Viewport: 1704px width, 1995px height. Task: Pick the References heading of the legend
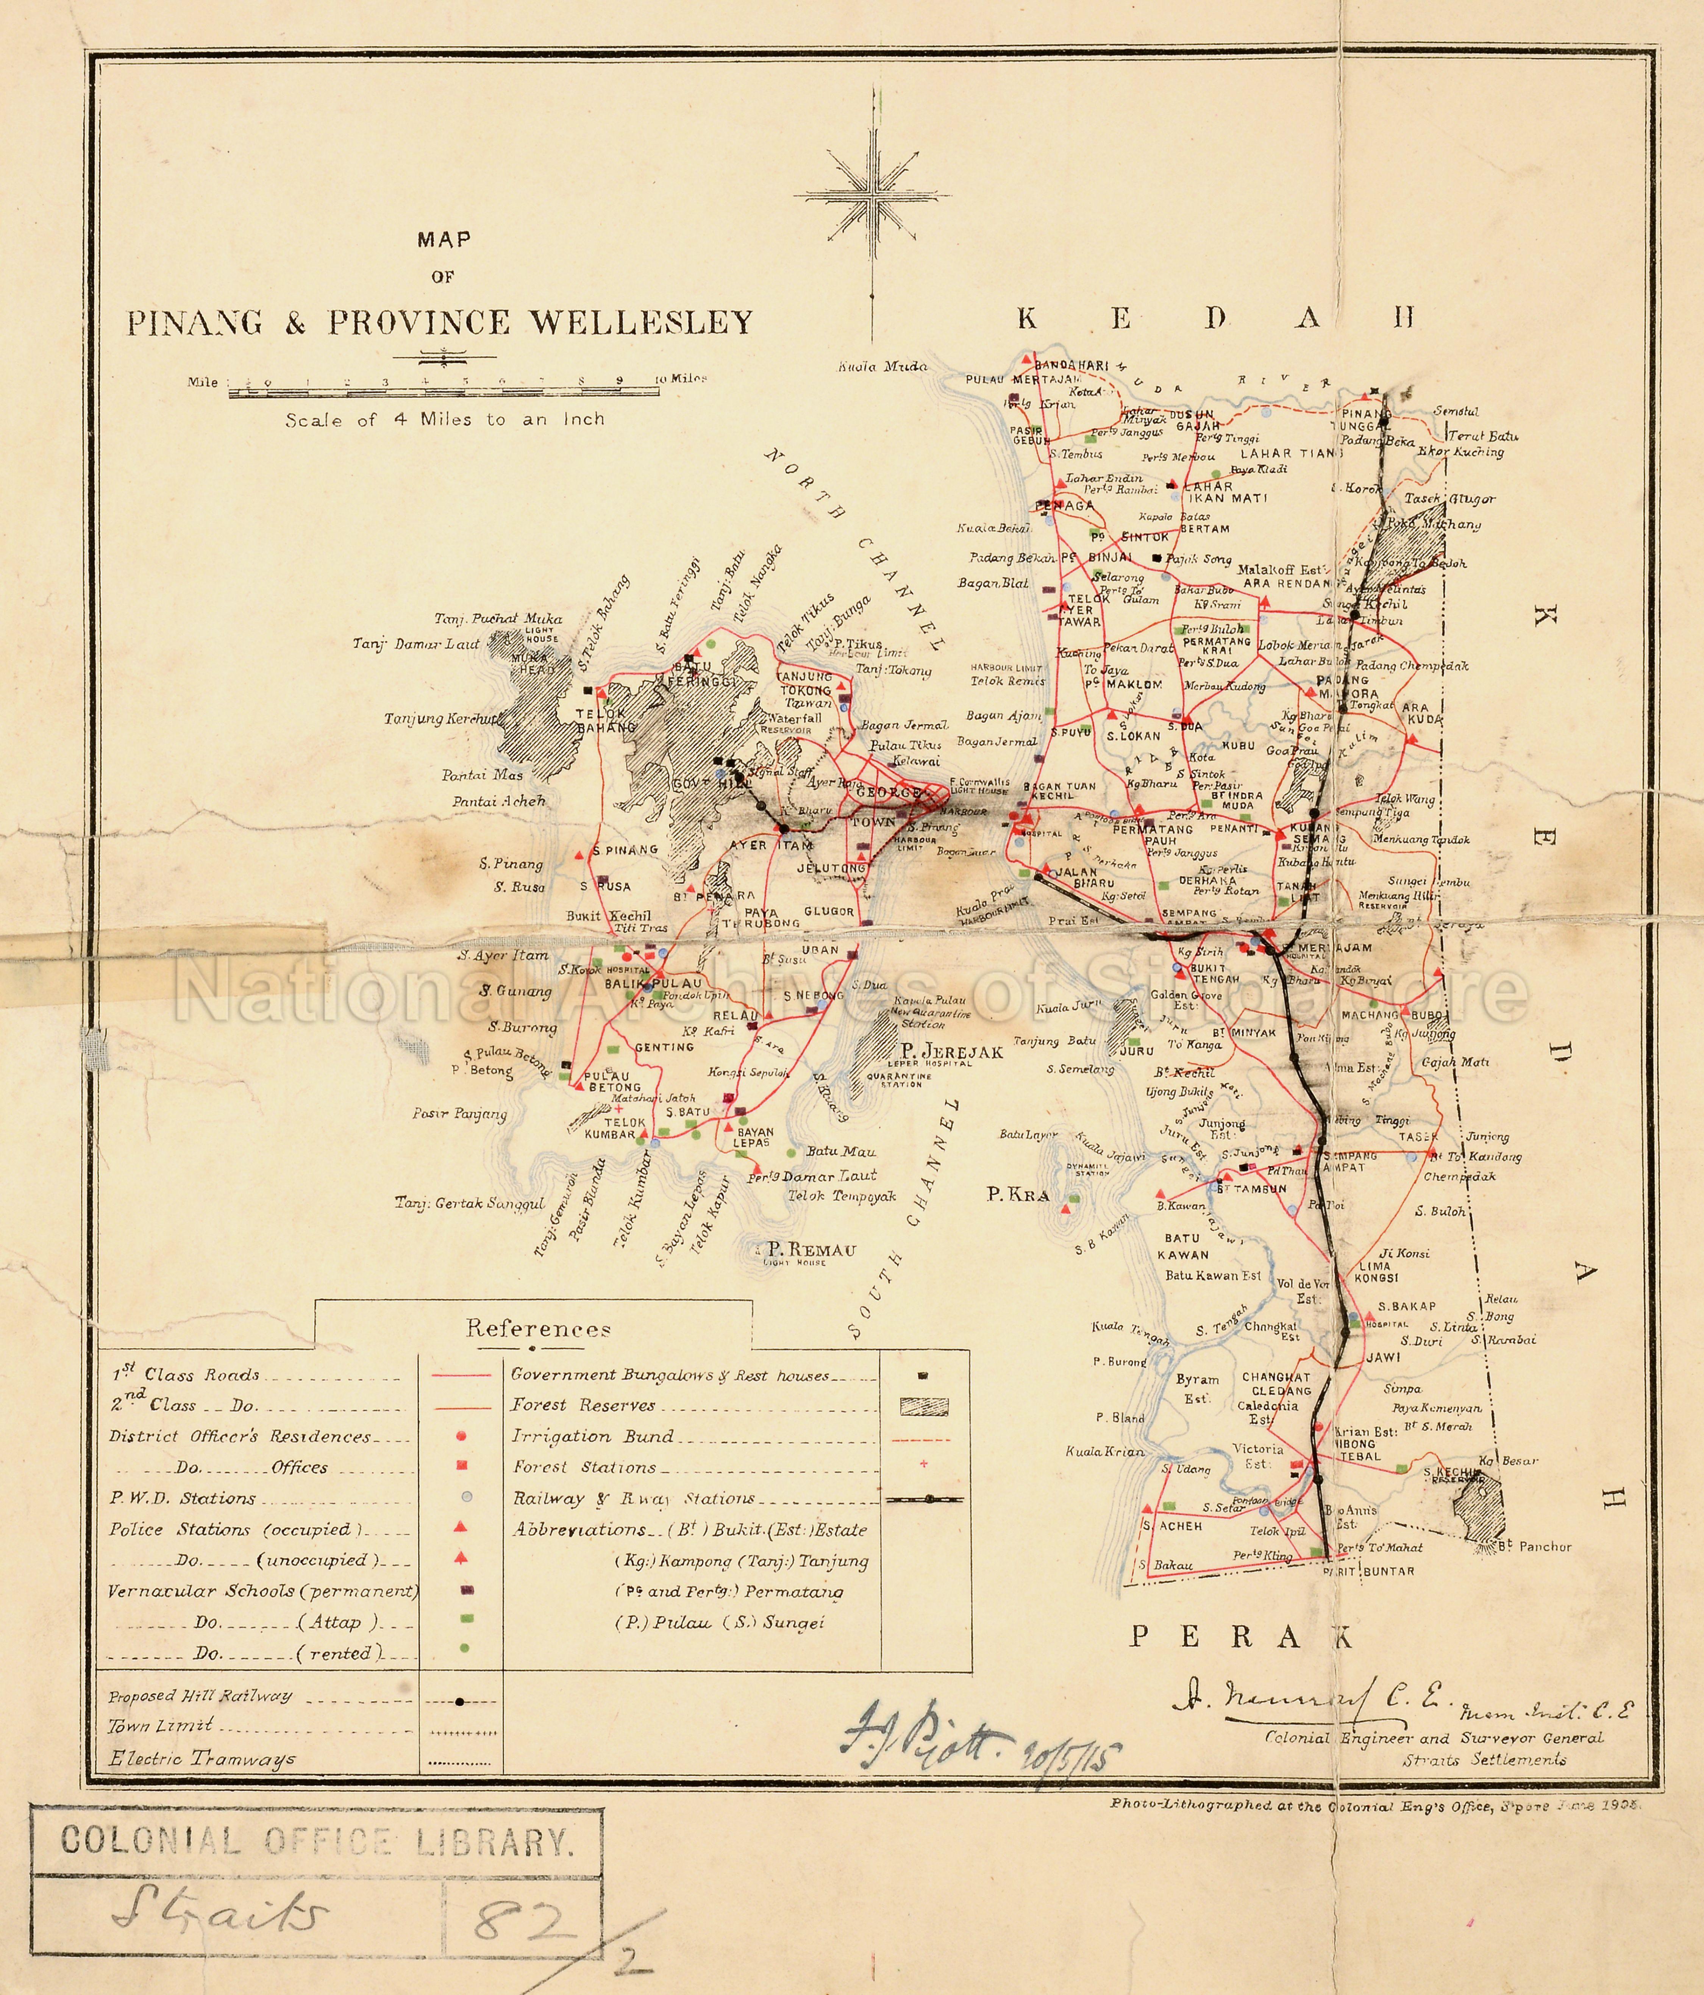click(x=538, y=1330)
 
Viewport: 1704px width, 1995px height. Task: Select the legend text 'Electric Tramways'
click(x=202, y=1759)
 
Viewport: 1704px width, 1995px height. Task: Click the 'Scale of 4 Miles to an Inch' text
click(x=445, y=420)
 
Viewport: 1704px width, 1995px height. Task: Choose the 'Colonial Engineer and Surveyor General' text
click(x=1434, y=1738)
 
